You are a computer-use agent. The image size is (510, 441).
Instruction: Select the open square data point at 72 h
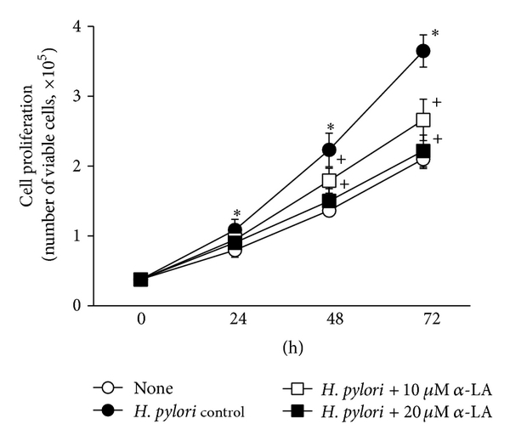[x=422, y=120]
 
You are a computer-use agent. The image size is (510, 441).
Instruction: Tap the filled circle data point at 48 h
[x=329, y=150]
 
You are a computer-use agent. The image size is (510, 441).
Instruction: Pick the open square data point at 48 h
[x=329, y=180]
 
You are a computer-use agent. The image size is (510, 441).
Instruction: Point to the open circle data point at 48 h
[x=329, y=210]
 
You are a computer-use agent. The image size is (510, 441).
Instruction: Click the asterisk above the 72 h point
[x=435, y=34]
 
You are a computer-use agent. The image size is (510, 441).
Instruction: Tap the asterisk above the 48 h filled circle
[x=330, y=127]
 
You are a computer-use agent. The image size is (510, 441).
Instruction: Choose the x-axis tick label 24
[x=235, y=322]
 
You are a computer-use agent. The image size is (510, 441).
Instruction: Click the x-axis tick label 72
[x=422, y=322]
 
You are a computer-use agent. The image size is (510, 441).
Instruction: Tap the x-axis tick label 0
[x=141, y=322]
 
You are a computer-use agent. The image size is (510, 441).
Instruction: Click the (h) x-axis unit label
[x=281, y=348]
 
